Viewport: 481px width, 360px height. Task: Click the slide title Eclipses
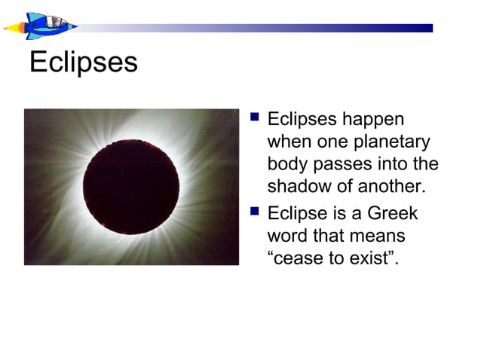[83, 62]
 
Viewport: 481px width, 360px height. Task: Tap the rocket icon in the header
[41, 26]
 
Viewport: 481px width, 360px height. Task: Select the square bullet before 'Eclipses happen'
[254, 118]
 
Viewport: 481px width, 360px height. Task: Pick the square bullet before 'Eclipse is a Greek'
[254, 212]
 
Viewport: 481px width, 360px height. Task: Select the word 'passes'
[344, 163]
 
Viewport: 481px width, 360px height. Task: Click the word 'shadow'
[298, 185]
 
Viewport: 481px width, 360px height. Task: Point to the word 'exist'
[372, 258]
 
